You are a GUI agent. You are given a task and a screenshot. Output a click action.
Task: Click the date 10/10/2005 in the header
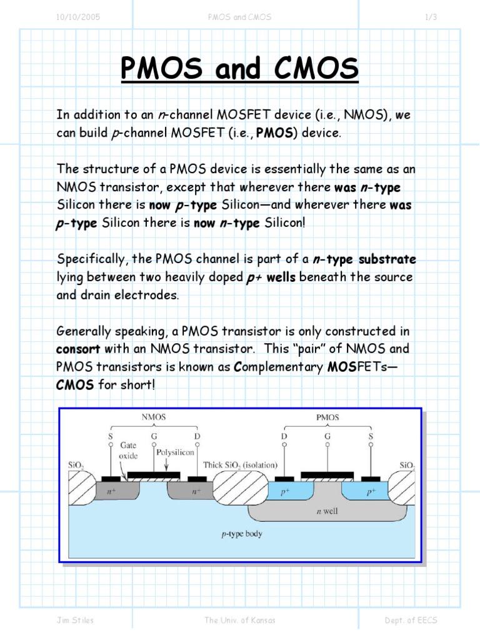78,17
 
